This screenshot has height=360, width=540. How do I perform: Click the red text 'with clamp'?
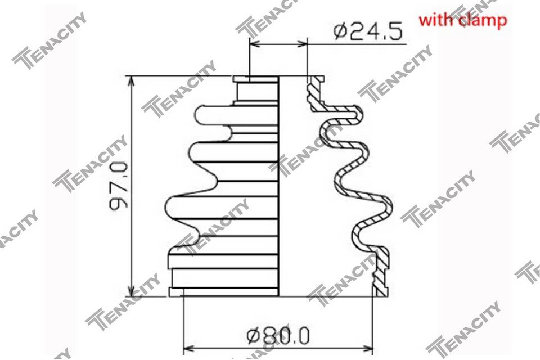pos(463,20)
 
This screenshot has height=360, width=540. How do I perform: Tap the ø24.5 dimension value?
pos(368,32)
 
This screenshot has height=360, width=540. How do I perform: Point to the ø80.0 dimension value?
pos(278,336)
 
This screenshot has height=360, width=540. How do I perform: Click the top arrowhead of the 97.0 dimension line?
pos(131,81)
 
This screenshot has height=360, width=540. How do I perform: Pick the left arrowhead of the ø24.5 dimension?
pos(255,44)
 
